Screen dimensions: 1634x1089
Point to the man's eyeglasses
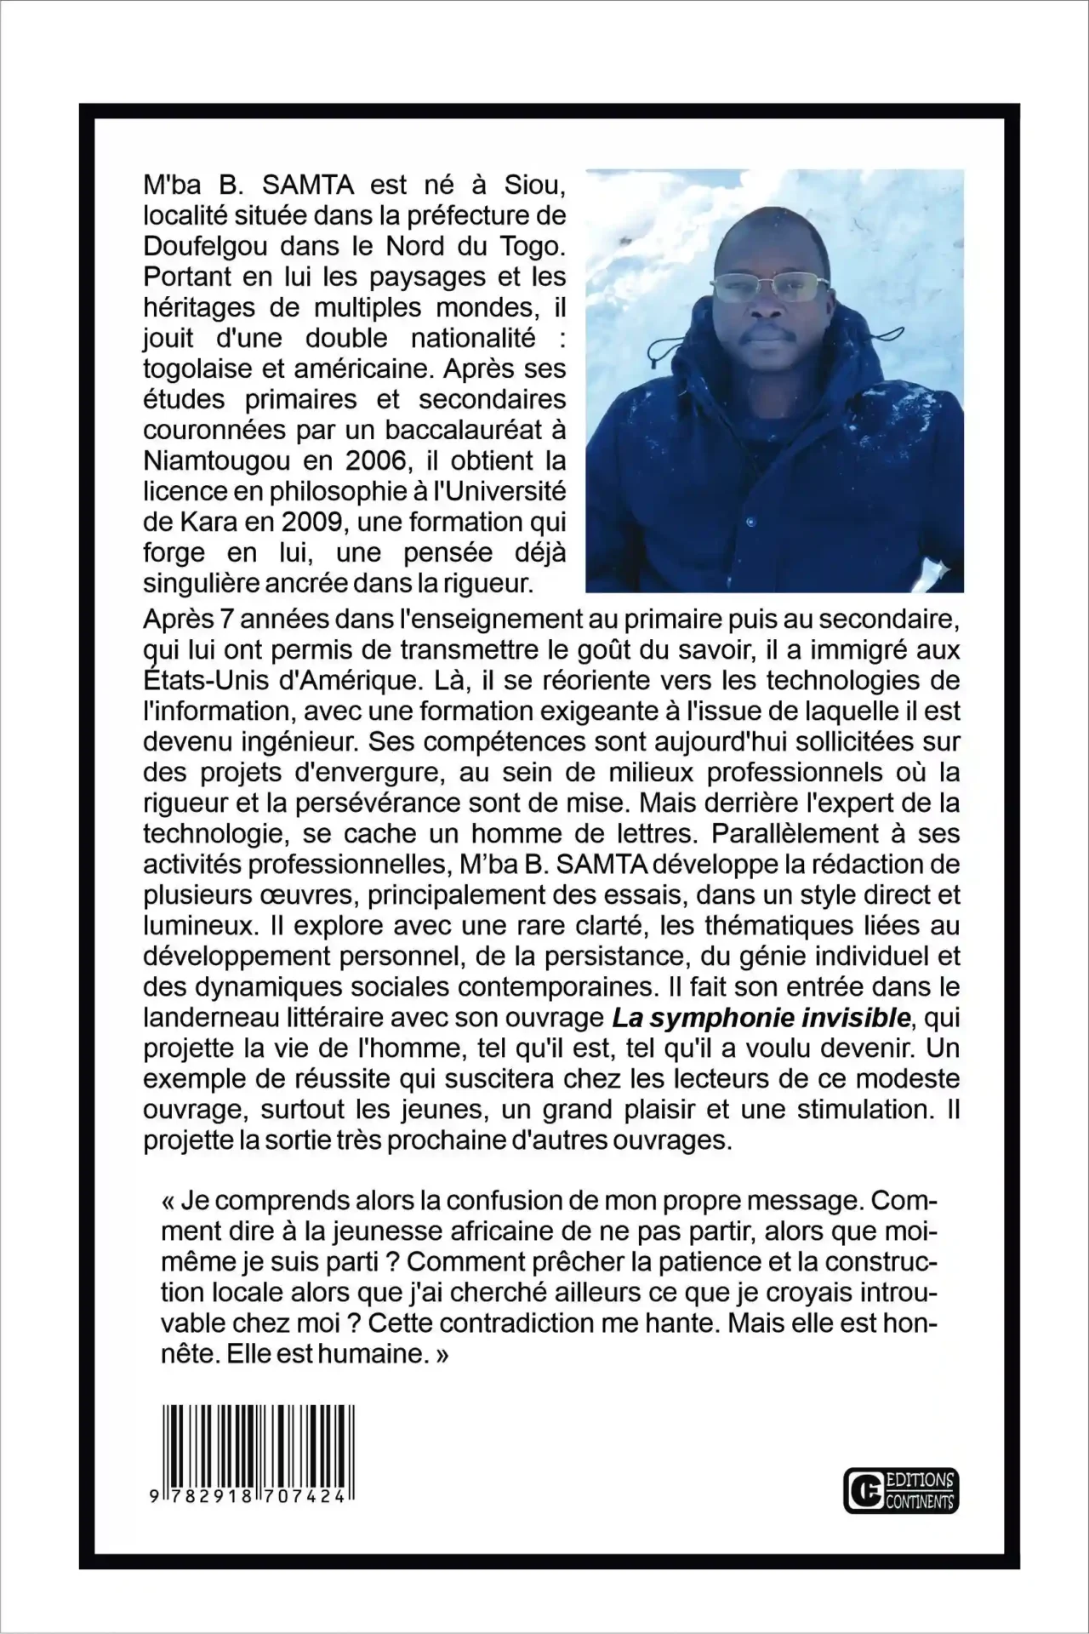click(759, 288)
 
